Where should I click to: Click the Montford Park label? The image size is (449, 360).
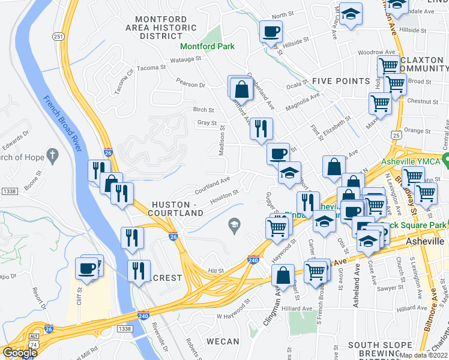pyautogui.click(x=207, y=46)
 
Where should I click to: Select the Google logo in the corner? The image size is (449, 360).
pyautogui.click(x=19, y=353)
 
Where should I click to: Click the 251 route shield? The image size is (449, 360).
pyautogui.click(x=58, y=37)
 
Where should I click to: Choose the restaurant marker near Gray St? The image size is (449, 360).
pyautogui.click(x=261, y=128)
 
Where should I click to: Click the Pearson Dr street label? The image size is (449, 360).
pyautogui.click(x=191, y=85)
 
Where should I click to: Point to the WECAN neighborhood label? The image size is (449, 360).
pyautogui.click(x=222, y=341)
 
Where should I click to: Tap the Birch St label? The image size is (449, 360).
pyautogui.click(x=203, y=110)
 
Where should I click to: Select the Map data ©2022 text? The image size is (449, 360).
pyautogui.click(x=422, y=355)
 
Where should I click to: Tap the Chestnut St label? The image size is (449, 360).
pyautogui.click(x=424, y=101)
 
